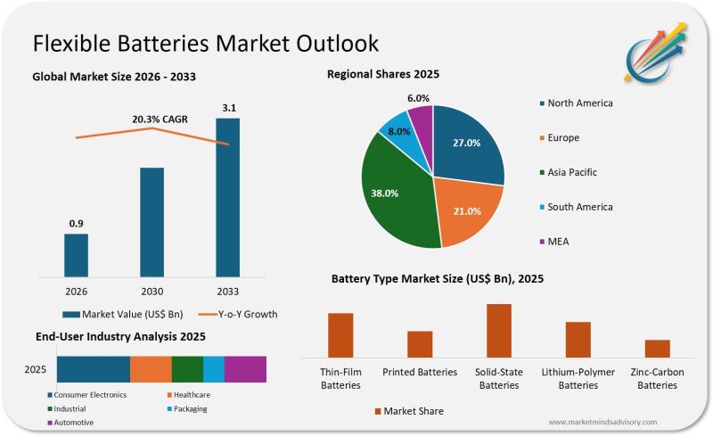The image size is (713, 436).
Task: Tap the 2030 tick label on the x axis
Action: click(152, 291)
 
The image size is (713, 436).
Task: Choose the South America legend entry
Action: click(579, 207)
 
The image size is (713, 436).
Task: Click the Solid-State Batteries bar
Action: click(499, 331)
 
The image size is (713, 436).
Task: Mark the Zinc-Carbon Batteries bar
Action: click(658, 348)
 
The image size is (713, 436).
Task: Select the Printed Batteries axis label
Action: click(420, 372)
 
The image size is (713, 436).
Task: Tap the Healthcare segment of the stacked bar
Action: click(151, 369)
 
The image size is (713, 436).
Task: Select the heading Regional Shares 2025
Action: click(383, 74)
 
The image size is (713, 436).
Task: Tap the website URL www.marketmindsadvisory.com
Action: click(602, 422)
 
